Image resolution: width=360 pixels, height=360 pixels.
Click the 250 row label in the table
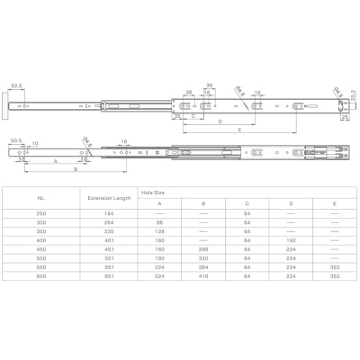tap(40, 213)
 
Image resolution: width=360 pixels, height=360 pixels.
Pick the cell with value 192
tap(290, 241)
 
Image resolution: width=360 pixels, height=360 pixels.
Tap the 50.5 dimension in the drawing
tap(16, 139)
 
